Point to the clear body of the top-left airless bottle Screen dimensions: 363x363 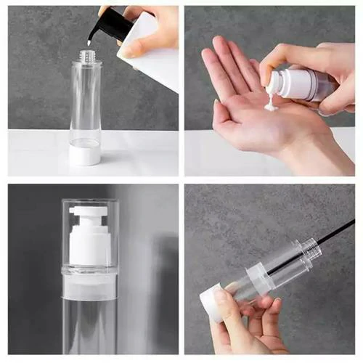[86, 102]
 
